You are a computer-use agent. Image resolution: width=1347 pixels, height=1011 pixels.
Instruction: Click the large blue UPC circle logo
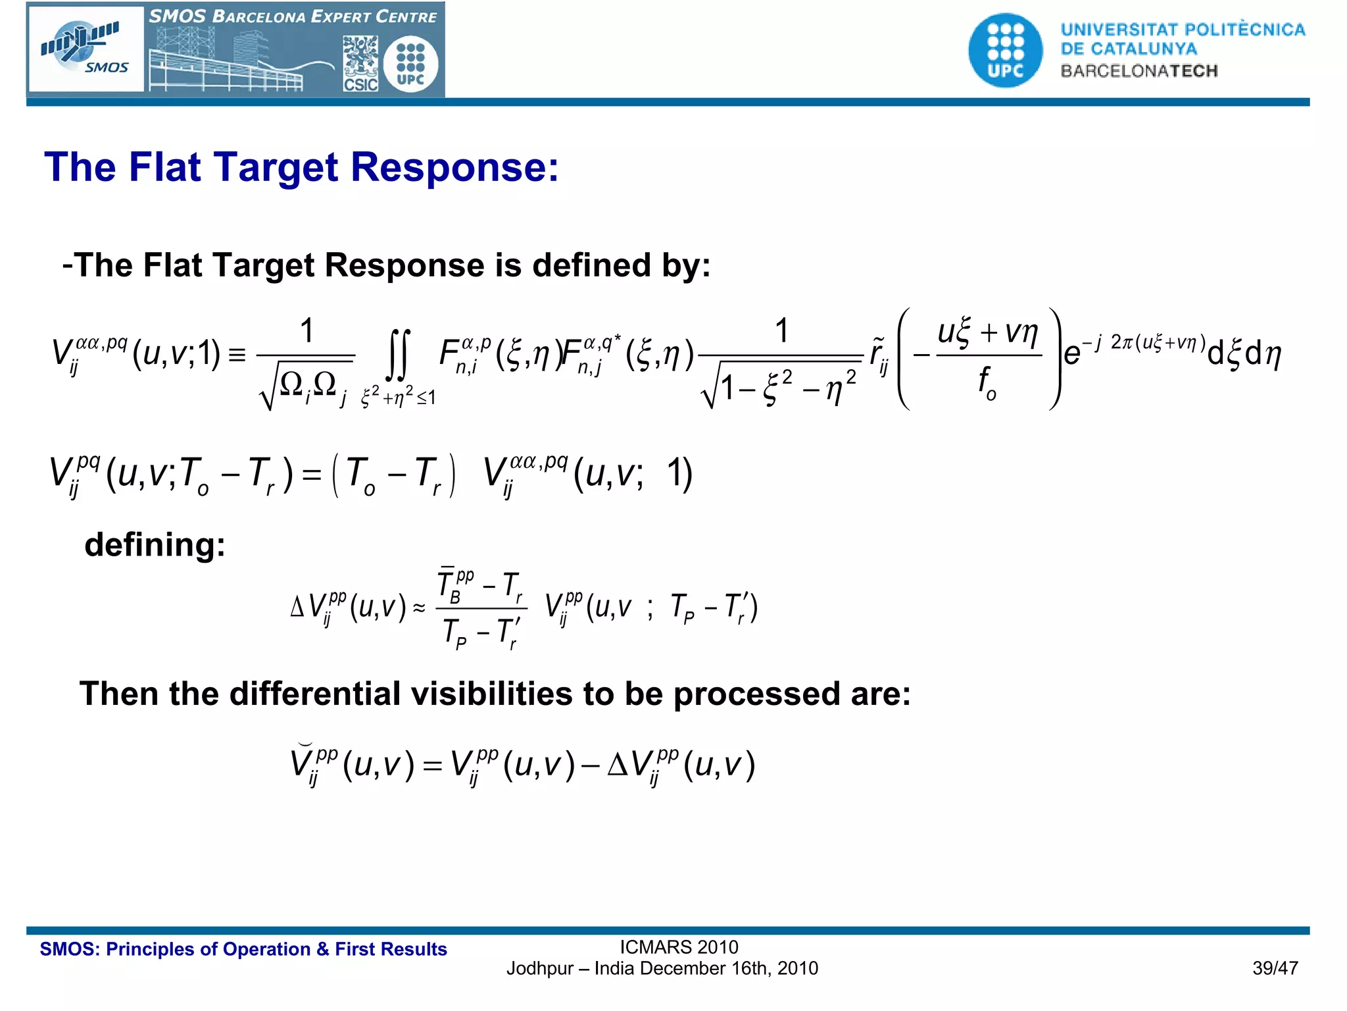coord(1005,51)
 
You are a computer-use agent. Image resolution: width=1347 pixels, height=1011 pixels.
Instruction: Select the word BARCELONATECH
coord(1139,71)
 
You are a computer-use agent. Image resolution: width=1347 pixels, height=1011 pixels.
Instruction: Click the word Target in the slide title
coord(277,167)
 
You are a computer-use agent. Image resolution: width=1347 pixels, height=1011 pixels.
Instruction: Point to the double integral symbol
coord(398,355)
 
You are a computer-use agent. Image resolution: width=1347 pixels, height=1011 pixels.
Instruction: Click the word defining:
coord(155,545)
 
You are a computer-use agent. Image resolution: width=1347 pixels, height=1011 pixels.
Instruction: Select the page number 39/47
coord(1275,968)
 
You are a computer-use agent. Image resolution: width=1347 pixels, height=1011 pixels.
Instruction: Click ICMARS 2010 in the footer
coord(679,947)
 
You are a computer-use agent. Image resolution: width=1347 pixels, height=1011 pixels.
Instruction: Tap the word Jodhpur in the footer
coord(539,969)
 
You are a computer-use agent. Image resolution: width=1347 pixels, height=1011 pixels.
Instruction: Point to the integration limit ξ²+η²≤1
coord(398,397)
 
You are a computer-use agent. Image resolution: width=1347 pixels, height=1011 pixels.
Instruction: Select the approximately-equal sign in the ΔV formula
coord(419,608)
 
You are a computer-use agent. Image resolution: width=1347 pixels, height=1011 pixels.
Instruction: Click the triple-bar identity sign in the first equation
coord(237,355)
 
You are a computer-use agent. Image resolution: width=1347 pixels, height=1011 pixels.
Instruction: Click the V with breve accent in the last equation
coord(303,764)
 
